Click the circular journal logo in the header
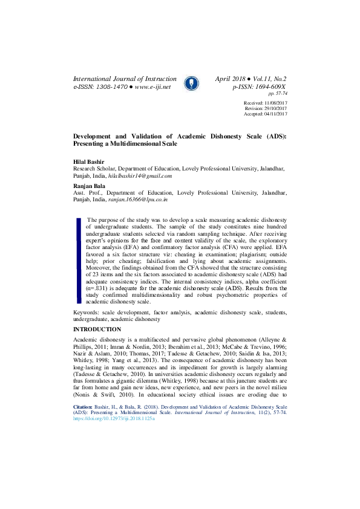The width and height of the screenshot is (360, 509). [191, 83]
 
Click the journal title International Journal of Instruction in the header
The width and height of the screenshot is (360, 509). [125, 79]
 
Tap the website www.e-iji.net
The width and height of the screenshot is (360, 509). [153, 87]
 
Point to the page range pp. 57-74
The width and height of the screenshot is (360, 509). [277, 94]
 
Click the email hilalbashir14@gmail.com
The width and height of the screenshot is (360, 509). [140, 176]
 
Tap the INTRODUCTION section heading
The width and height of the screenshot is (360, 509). [97, 329]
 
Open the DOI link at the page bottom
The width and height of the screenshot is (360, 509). [114, 418]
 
